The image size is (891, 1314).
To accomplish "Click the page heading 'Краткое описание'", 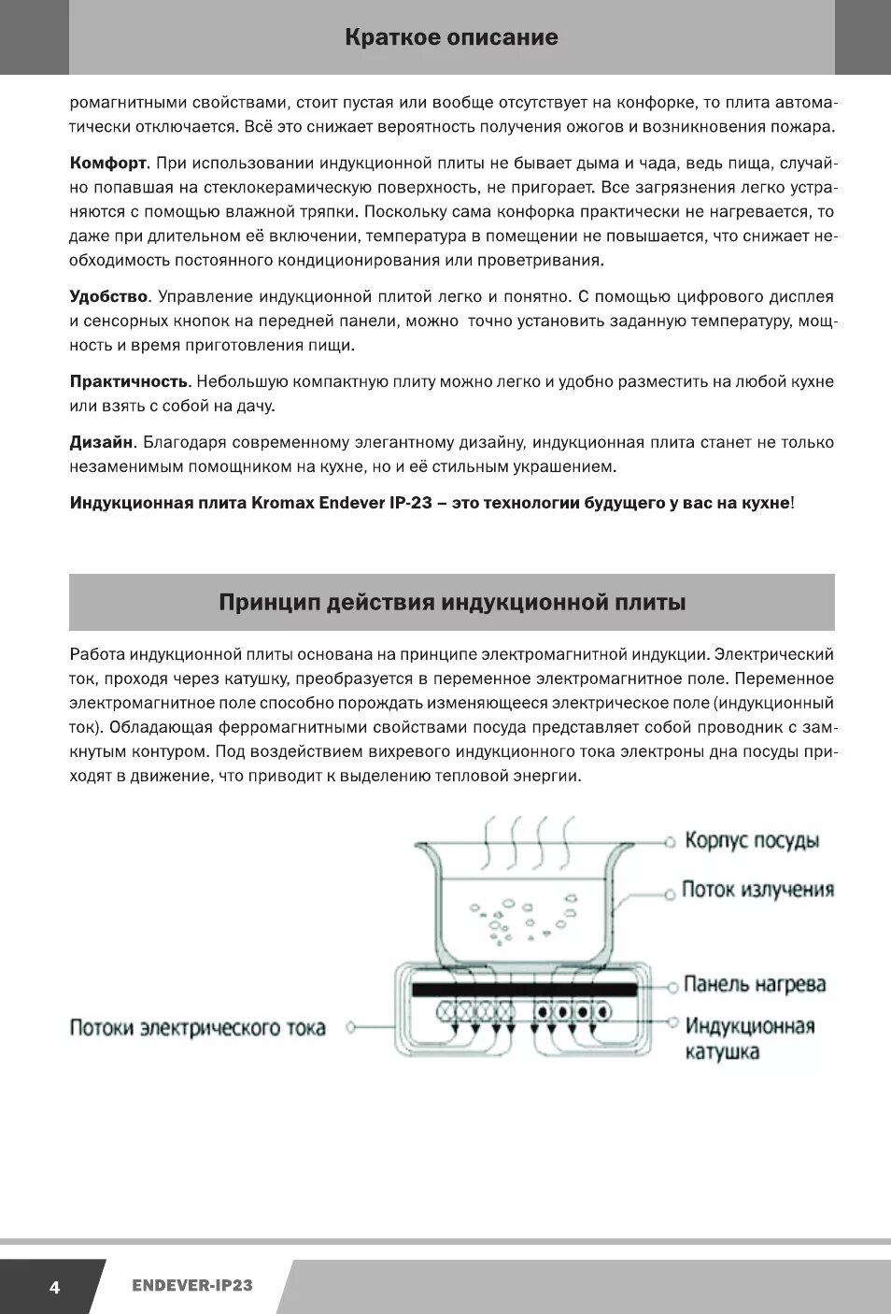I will coord(451,37).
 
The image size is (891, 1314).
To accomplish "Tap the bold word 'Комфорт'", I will coord(107,164).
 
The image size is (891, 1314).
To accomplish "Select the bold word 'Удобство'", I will coord(108,297).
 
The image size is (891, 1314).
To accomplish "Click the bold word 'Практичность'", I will coord(129,382).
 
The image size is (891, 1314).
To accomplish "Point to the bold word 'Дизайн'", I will coord(101,443).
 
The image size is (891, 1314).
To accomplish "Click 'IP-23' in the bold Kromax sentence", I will coord(410,503).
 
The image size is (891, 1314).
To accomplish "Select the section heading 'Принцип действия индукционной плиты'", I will coord(452,603).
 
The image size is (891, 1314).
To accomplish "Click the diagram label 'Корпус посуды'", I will coord(752,840).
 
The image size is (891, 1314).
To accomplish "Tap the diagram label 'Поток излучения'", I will coord(757,890).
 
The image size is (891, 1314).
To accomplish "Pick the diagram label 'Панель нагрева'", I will coord(755,984).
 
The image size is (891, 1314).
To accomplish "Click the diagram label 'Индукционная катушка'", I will coord(749,1038).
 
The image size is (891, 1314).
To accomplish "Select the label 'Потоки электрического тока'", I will coord(197,1028).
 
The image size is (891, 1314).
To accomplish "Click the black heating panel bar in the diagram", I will coord(524,989).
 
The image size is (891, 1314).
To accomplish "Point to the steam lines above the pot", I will coord(527,841).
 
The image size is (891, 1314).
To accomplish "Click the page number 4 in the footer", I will coord(54,1287).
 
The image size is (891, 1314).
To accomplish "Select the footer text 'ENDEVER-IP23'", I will coord(192,1286).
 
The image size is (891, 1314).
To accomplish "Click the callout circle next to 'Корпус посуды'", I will coord(670,842).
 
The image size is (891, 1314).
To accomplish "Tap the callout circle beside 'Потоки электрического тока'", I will coord(351,1027).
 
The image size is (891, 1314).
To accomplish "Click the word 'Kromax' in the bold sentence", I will coord(283,503).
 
